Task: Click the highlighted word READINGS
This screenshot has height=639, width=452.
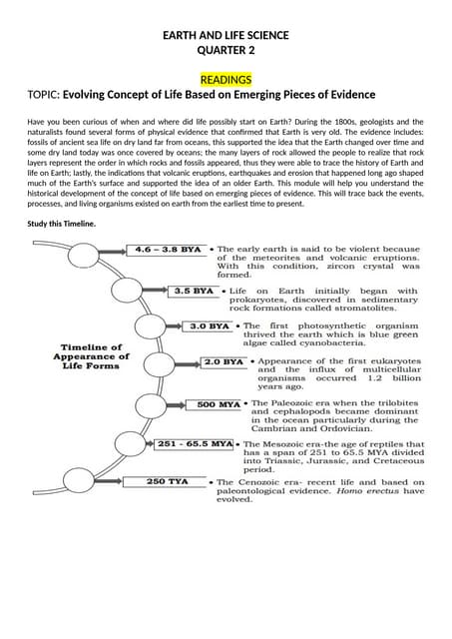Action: [226, 79]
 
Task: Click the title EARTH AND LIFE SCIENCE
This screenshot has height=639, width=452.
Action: [226, 36]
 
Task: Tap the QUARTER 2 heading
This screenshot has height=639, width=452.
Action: [226, 51]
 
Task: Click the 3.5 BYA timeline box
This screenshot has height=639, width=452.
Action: [195, 291]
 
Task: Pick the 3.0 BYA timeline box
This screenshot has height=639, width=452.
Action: [210, 325]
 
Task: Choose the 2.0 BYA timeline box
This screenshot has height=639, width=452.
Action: [225, 360]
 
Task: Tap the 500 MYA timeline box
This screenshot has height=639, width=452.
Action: [220, 404]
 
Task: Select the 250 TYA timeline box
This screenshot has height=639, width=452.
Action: [170, 481]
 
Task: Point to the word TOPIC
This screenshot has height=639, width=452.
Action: [43, 96]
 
